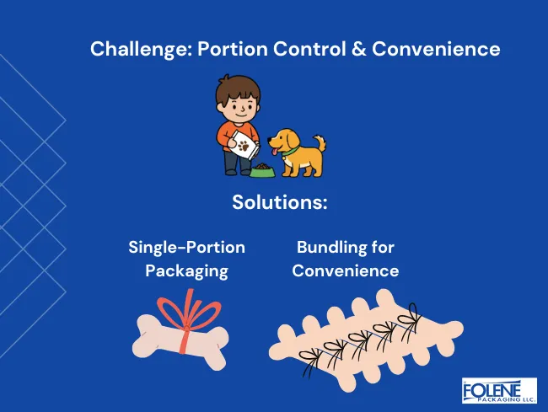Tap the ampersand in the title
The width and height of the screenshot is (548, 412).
358,49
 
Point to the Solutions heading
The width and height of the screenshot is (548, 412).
279,204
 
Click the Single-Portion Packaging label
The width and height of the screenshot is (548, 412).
186,260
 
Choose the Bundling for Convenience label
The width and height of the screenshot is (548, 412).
345,260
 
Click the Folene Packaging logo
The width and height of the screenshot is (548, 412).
498,391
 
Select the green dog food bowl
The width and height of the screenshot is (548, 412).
262,171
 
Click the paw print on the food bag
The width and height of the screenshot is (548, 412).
244,147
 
